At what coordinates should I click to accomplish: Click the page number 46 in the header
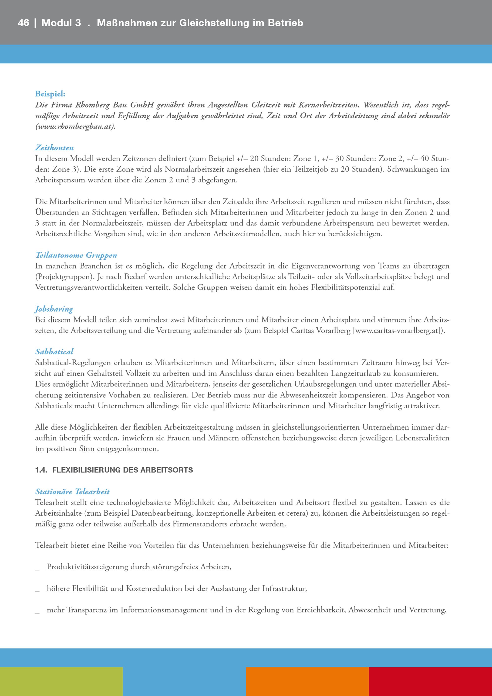(23, 23)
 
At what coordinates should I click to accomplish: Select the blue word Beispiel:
(50, 94)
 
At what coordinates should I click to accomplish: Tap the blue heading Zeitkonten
(54, 148)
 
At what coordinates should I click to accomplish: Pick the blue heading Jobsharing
(54, 309)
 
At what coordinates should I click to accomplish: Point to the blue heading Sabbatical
(54, 352)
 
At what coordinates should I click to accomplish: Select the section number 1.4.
(41, 470)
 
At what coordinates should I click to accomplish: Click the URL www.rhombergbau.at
(75, 127)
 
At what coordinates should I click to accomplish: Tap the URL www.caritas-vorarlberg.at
(397, 331)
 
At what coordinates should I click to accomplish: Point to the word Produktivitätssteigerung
(87, 567)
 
